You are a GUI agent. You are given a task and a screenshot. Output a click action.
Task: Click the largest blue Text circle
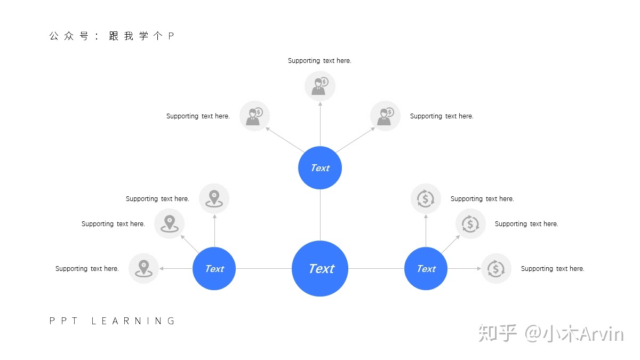tap(320, 269)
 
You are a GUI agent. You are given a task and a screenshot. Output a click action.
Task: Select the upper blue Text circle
tap(320, 167)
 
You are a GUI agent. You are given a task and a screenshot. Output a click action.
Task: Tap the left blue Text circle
tap(214, 269)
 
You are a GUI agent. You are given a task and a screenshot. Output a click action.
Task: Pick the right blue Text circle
tap(426, 269)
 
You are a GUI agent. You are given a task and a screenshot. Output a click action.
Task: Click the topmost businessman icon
tap(320, 86)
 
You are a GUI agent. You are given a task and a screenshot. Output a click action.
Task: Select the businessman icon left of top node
tap(254, 116)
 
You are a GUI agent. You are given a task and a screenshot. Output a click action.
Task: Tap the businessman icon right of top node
tap(386, 116)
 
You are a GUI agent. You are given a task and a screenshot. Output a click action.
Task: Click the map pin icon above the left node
tap(214, 198)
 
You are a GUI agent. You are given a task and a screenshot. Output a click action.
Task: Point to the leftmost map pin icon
tap(143, 269)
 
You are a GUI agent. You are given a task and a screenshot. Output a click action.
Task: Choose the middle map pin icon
tap(170, 223)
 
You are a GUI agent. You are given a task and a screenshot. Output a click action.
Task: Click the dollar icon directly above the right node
tap(426, 198)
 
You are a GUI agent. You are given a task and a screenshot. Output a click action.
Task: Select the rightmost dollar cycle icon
tap(497, 269)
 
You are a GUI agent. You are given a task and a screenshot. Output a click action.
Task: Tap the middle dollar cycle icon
tap(470, 223)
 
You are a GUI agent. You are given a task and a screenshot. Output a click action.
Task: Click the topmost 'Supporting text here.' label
tap(319, 61)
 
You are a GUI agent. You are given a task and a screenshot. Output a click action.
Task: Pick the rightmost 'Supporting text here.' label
tap(553, 269)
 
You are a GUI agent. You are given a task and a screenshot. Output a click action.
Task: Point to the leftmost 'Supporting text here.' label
tap(87, 269)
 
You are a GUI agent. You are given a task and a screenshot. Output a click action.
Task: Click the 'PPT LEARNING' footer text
tap(112, 321)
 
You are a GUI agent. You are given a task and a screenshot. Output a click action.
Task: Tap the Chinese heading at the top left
tap(111, 36)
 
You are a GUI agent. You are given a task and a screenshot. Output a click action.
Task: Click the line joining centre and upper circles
tap(320, 215)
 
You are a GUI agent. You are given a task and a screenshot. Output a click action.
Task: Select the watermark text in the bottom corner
tap(551, 333)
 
